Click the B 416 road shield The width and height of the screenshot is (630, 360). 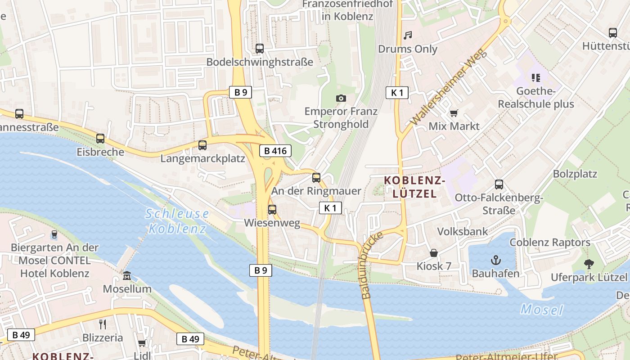[275, 151]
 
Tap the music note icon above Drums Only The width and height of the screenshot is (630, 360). [408, 35]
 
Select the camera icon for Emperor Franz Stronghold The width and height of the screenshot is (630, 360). [341, 98]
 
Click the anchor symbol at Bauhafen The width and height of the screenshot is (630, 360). [495, 260]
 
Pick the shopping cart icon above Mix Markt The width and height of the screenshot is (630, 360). [454, 113]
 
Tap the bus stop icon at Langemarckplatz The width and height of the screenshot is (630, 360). [202, 145]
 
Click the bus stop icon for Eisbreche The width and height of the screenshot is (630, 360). [100, 139]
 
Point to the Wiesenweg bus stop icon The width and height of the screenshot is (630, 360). [272, 210]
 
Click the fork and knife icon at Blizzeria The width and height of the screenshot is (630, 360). [103, 324]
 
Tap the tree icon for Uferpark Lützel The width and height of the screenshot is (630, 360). [589, 264]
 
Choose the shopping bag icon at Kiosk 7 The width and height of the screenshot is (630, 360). [434, 253]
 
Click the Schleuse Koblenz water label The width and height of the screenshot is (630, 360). [177, 221]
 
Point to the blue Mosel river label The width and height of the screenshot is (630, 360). [542, 310]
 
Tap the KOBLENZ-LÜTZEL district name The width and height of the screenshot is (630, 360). [414, 187]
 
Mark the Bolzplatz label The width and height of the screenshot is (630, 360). [575, 174]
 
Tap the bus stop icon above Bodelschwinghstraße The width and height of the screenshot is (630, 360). [260, 49]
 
